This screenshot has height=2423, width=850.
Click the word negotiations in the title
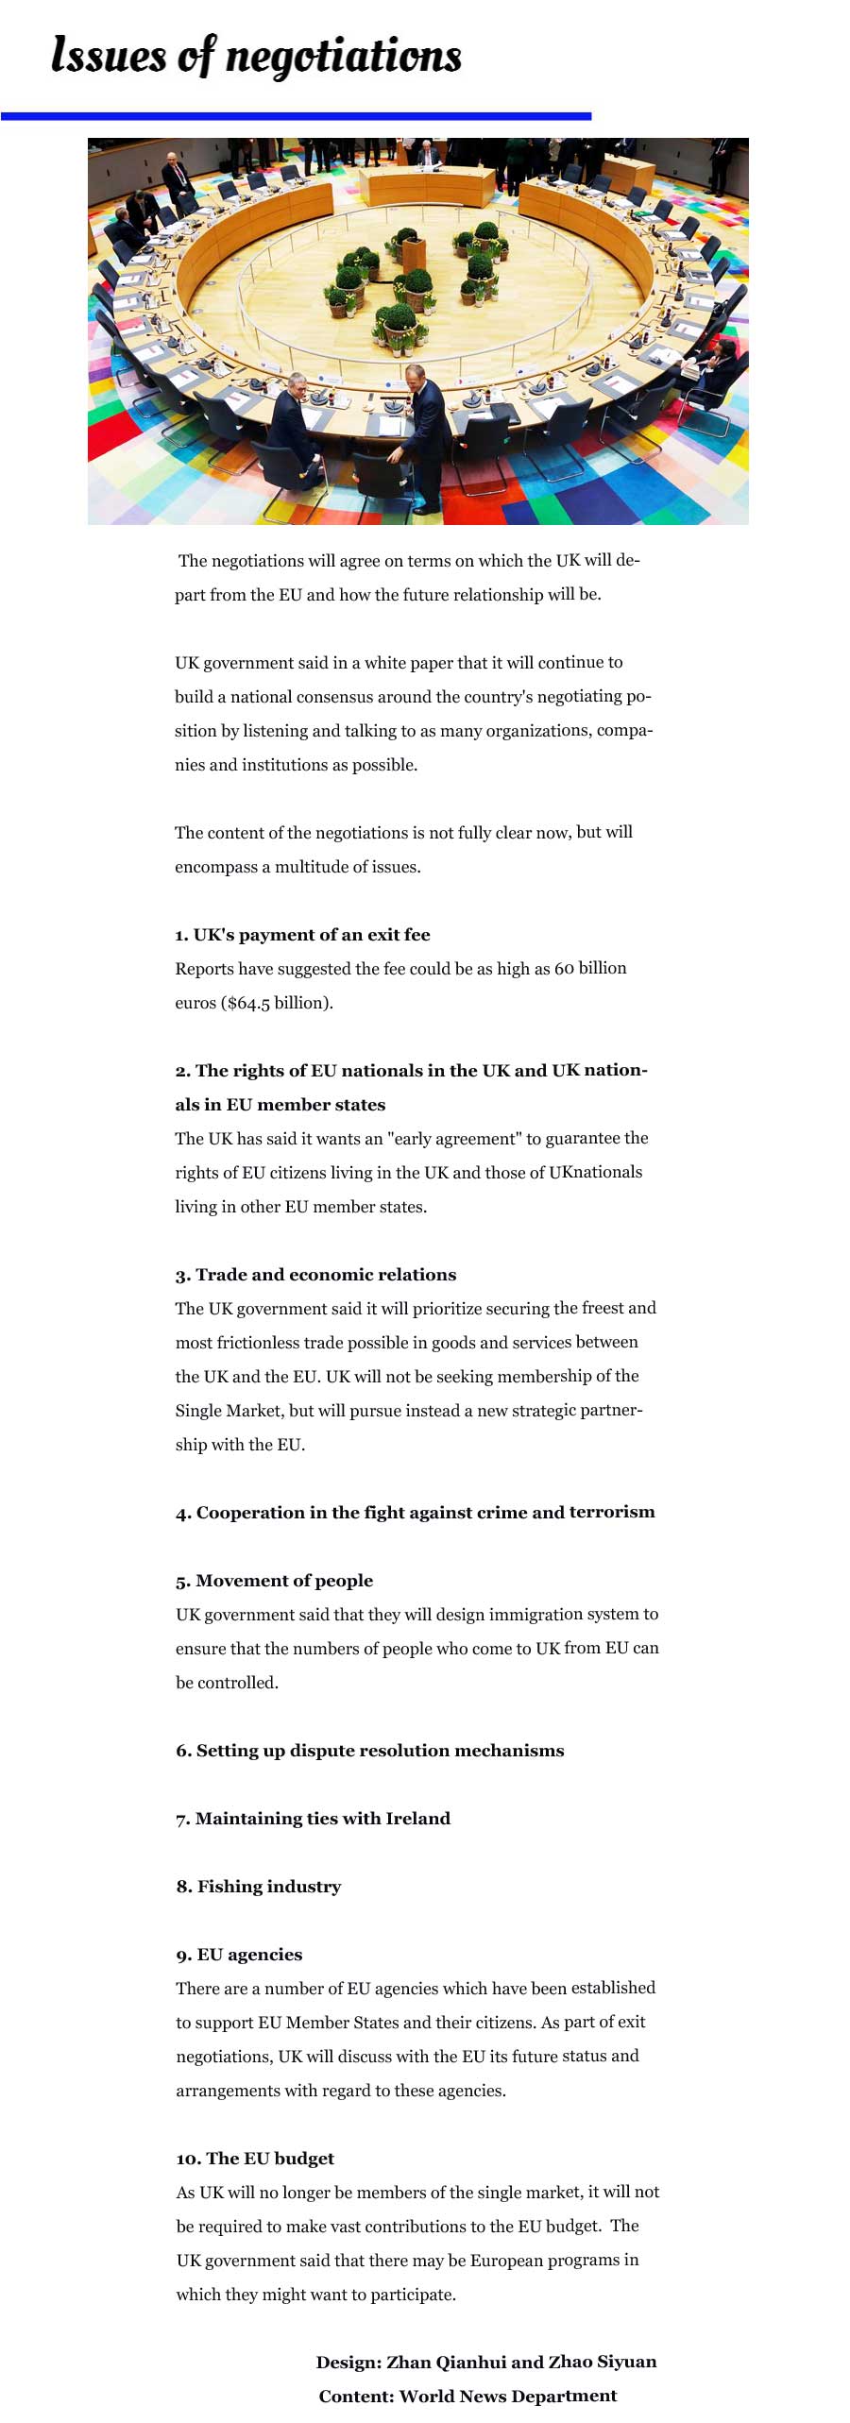click(x=343, y=57)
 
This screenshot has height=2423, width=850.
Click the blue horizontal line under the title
click(x=296, y=116)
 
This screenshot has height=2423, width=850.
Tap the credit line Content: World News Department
click(x=467, y=2396)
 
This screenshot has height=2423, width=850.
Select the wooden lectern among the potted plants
click(x=414, y=255)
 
